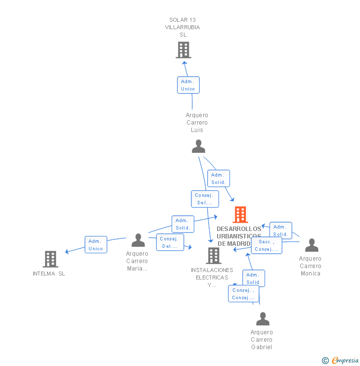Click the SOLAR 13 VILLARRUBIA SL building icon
pyautogui.click(x=183, y=50)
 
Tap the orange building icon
pyautogui.click(x=240, y=215)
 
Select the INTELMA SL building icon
pyautogui.click(x=50, y=259)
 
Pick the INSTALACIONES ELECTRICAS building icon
pyautogui.click(x=214, y=255)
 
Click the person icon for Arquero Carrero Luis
pyautogui.click(x=198, y=146)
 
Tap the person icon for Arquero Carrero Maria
pyautogui.click(x=138, y=240)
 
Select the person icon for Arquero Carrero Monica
pyautogui.click(x=312, y=245)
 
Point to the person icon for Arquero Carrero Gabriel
pyautogui.click(x=263, y=319)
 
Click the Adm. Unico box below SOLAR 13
pyautogui.click(x=188, y=85)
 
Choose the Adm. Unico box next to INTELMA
pyautogui.click(x=96, y=245)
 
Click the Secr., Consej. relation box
pyautogui.click(x=267, y=245)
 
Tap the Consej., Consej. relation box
pyautogui.click(x=243, y=294)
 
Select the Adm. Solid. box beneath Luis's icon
pyautogui.click(x=218, y=179)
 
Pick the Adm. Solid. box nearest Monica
pyautogui.click(x=280, y=230)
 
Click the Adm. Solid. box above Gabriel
pyautogui.click(x=253, y=278)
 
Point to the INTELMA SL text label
pyautogui.click(x=49, y=274)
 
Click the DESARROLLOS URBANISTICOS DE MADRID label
pyautogui.click(x=239, y=236)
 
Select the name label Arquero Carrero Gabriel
pyautogui.click(x=262, y=339)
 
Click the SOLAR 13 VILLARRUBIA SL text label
pyautogui.click(x=182, y=27)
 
